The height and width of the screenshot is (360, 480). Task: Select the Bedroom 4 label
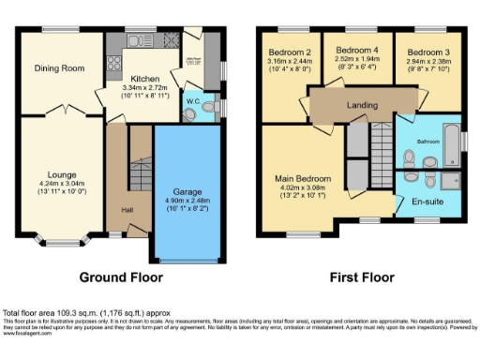356,50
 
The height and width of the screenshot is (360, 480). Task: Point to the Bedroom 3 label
427,52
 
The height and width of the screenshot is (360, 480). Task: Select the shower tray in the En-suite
449,181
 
